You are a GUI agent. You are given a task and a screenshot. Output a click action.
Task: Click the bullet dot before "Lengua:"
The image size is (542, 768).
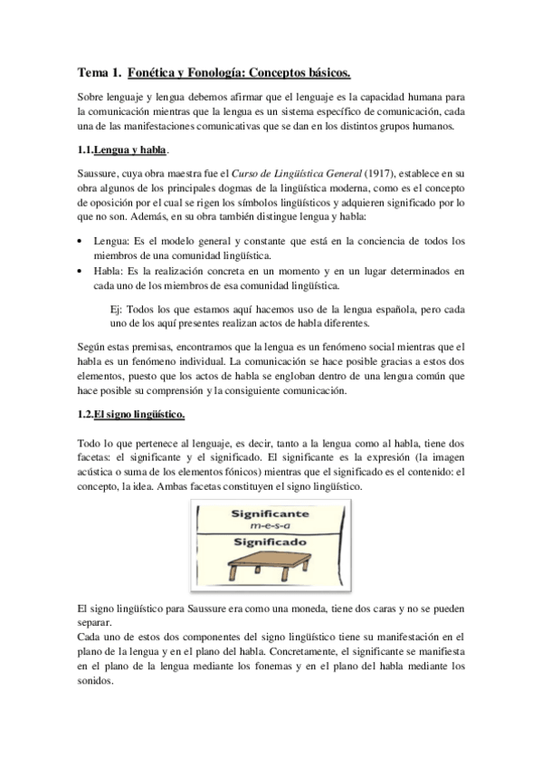81,241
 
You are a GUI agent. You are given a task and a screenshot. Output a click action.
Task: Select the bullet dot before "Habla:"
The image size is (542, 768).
81,270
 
